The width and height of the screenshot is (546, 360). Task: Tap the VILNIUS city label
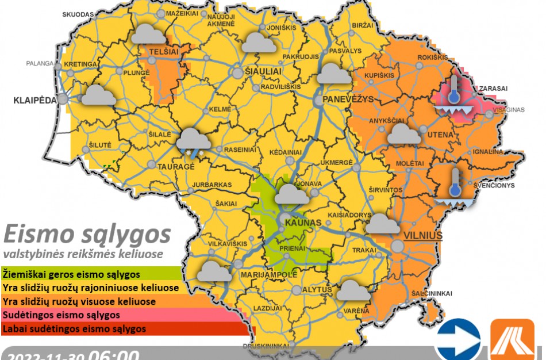422,236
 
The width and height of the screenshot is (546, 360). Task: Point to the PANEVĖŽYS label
348,99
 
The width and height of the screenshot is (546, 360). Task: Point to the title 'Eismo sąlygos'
87,235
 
